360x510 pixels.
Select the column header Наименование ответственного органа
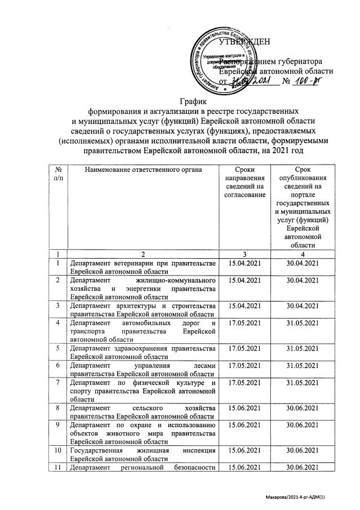[141, 170]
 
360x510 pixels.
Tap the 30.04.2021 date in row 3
[303, 305]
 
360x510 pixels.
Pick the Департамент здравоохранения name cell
[141, 352]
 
